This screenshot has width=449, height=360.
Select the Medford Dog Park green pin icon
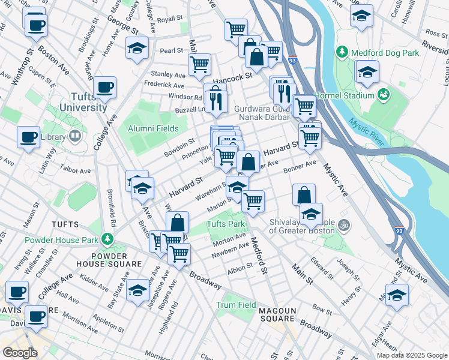[342, 52]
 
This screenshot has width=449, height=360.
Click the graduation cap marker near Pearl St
[137, 48]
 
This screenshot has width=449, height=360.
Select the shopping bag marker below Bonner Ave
[304, 194]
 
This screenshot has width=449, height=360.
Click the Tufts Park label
[226, 224]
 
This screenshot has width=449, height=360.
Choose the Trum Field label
[236, 305]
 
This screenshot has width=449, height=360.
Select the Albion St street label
[240, 271]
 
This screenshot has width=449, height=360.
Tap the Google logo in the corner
[20, 353]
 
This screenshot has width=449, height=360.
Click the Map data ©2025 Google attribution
[411, 355]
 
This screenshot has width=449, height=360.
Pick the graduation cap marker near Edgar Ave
[397, 295]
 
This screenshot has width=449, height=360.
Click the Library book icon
[75, 137]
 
